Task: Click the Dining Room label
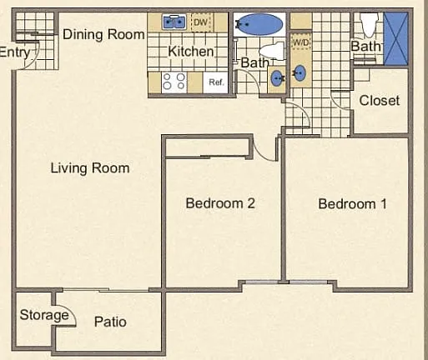(103, 34)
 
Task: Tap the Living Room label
(90, 168)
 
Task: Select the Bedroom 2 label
(220, 203)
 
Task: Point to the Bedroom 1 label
(352, 204)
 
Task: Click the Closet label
(380, 101)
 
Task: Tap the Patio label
(110, 322)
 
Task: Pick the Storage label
(44, 315)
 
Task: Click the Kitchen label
(191, 52)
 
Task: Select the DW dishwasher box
(202, 22)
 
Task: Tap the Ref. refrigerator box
(216, 82)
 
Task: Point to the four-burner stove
(174, 82)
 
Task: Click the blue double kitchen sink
(174, 22)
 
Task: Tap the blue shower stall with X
(395, 38)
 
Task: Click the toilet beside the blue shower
(369, 24)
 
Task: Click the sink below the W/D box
(300, 72)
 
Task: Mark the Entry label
(15, 52)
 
